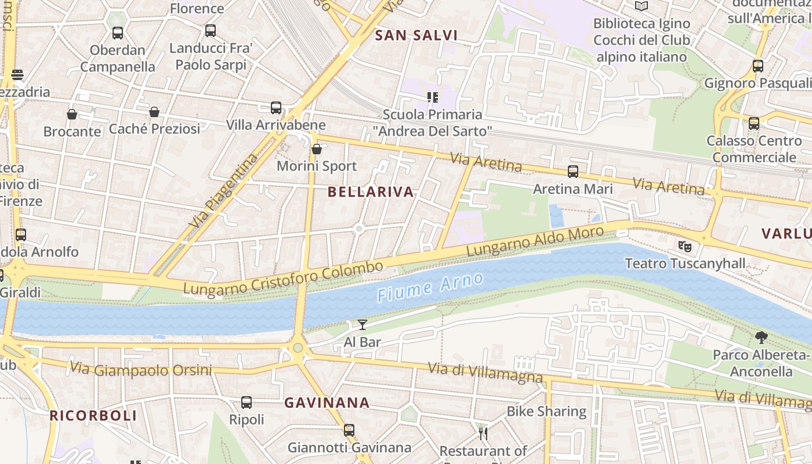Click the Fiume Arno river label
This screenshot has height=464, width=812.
pyautogui.click(x=430, y=287)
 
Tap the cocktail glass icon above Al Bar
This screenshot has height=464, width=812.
pyautogui.click(x=362, y=325)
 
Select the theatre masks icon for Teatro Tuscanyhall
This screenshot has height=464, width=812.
pyautogui.click(x=685, y=246)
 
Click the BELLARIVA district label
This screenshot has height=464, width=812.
pyautogui.click(x=371, y=192)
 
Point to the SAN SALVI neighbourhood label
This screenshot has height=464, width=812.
pyautogui.click(x=416, y=35)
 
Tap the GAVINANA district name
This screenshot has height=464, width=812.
pyautogui.click(x=327, y=403)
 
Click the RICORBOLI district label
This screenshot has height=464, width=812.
pyautogui.click(x=93, y=415)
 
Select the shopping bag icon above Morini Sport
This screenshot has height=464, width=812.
pyautogui.click(x=317, y=149)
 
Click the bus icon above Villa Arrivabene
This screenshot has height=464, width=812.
pyautogui.click(x=276, y=107)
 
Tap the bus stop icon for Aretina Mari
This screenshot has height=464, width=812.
pyautogui.click(x=573, y=171)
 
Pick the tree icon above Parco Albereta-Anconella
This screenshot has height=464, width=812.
pyautogui.click(x=762, y=338)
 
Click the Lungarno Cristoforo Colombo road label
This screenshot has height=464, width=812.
pyautogui.click(x=284, y=277)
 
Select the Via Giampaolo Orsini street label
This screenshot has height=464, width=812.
pyautogui.click(x=141, y=369)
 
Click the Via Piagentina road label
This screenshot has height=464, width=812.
pyautogui.click(x=223, y=190)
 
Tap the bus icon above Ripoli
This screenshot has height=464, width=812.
pyautogui.click(x=246, y=402)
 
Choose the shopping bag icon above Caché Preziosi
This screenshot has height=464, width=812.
pyautogui.click(x=154, y=111)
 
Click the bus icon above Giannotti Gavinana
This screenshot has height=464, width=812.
pyautogui.click(x=349, y=430)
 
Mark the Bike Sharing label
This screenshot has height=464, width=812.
pyautogui.click(x=546, y=411)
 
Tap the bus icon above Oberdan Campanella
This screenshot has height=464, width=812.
pyautogui.click(x=118, y=33)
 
